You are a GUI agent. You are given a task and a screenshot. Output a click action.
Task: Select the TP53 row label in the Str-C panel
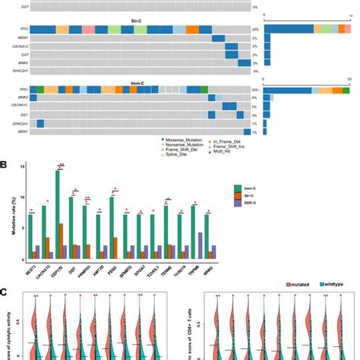tap(16, 29)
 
